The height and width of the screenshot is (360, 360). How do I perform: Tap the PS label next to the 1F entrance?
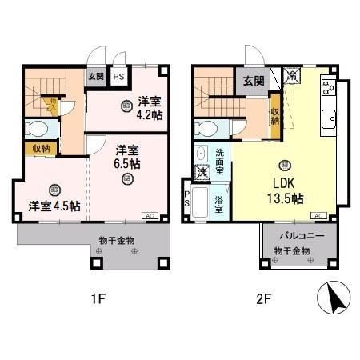coord(118,78)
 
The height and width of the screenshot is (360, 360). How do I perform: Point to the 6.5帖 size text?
coord(126,164)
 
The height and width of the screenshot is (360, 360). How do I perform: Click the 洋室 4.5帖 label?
coord(54,206)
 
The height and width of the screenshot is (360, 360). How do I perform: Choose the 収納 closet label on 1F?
coord(40,148)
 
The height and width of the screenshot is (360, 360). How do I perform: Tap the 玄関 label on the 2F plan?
coord(254,80)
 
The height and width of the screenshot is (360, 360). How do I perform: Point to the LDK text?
coord(286,182)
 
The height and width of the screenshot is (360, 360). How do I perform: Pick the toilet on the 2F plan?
coord(206,128)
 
